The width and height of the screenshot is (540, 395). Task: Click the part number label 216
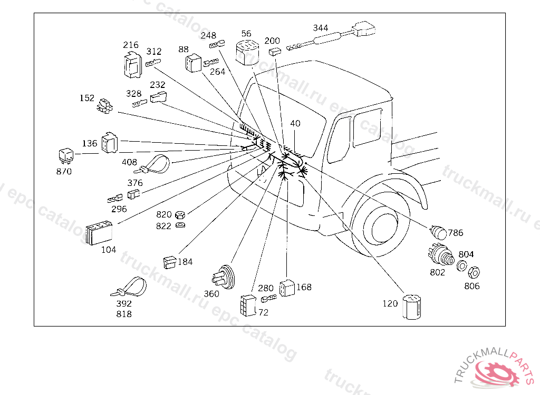point(130,45)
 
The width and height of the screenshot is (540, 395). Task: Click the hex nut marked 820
point(179,215)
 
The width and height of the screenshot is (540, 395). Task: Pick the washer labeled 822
point(180,225)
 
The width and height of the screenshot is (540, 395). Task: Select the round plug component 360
point(224,276)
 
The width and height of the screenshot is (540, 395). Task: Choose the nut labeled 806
point(474,272)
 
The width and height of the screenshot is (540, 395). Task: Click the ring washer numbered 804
point(461,266)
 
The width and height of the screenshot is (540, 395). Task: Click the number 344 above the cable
point(321,27)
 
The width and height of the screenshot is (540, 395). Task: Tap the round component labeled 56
point(246,52)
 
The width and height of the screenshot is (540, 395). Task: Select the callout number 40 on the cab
point(295,123)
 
